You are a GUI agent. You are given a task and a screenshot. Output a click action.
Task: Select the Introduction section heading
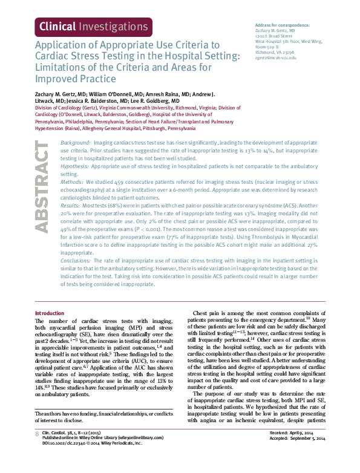coord(51,313)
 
